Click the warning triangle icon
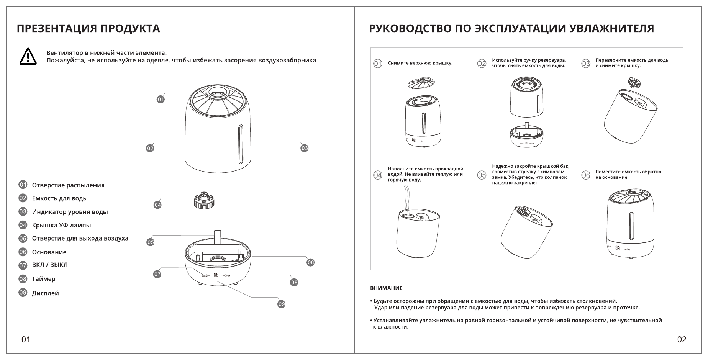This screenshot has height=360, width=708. tap(28, 57)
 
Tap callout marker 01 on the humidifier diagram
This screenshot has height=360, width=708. tap(161, 100)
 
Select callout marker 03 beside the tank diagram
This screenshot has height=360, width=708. tap(304, 148)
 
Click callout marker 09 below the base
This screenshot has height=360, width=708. tap(282, 304)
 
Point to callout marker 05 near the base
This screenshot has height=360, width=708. tap(151, 242)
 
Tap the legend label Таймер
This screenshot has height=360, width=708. tap(44, 279)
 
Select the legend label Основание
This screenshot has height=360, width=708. tap(49, 252)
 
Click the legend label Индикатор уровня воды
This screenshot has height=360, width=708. tap(70, 212)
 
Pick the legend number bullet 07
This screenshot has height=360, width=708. tap(23, 265)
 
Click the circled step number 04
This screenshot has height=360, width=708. tap(378, 175)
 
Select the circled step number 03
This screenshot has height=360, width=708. tap(586, 64)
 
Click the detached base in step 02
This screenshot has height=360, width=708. tap(527, 136)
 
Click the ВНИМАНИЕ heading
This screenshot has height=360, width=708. tap(386, 288)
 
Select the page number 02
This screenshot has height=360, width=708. tap(682, 339)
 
